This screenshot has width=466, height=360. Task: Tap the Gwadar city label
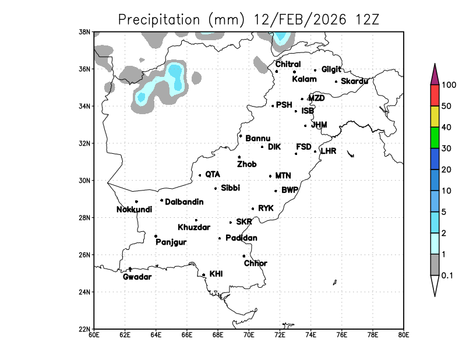[137, 277]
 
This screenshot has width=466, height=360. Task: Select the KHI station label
[216, 273]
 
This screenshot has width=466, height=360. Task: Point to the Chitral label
[288, 64]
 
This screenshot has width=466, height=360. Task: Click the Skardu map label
[354, 81]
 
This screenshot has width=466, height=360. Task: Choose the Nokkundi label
[133, 210]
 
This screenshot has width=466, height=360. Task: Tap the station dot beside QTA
[200, 175]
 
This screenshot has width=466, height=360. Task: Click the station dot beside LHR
[315, 151]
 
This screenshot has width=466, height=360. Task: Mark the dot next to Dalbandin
[161, 200]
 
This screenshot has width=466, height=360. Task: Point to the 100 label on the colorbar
[449, 85]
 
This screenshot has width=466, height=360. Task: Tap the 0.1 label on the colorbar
[447, 276]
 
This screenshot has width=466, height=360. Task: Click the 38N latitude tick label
[85, 31]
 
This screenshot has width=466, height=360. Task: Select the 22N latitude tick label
[85, 329]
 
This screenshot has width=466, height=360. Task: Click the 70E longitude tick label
[249, 335]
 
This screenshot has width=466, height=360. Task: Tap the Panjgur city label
[171, 242]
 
